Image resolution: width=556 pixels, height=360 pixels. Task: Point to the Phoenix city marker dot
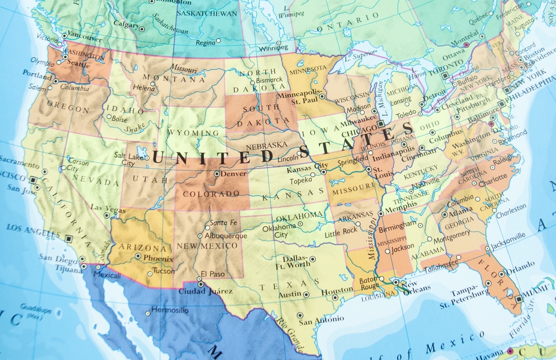pos(138,256)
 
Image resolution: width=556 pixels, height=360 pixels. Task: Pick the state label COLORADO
pos(211,194)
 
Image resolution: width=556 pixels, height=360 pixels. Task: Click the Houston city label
pos(337,291)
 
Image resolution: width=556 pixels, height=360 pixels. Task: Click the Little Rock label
pos(341,231)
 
